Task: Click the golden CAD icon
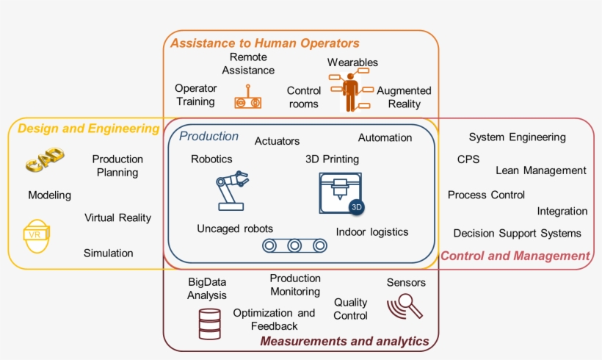(x=44, y=159)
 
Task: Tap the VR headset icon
(x=35, y=235)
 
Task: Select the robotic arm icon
(x=228, y=191)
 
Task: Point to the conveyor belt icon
(x=294, y=245)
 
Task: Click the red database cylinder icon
(x=209, y=323)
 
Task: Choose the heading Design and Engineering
(x=88, y=129)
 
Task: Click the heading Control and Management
(x=515, y=256)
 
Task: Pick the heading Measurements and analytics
(x=344, y=341)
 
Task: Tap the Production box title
(x=209, y=136)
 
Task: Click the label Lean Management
(x=541, y=170)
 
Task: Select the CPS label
(x=468, y=159)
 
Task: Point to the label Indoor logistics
(x=371, y=232)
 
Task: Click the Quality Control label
(x=351, y=309)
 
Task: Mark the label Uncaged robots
(x=234, y=228)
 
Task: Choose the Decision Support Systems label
(x=517, y=233)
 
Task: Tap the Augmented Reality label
(x=404, y=97)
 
